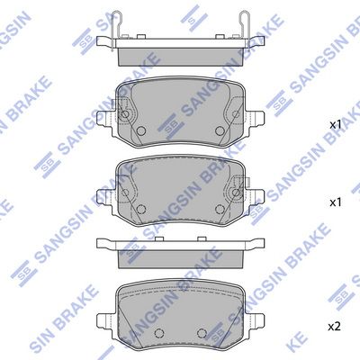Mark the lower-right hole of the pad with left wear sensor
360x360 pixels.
pyautogui.click(x=218, y=132)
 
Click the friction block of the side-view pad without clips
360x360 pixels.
pyautogui.click(x=180, y=255)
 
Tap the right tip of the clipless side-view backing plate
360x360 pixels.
pyautogui.click(x=262, y=240)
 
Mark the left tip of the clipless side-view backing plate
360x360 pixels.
pyautogui.click(x=98, y=240)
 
